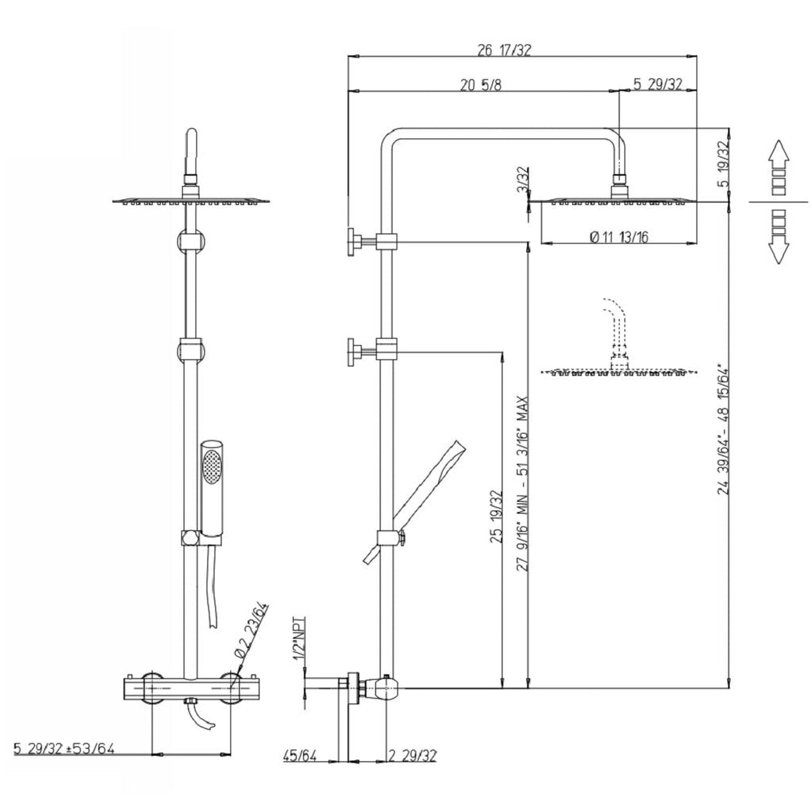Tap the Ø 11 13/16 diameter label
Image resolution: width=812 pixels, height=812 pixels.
(619, 237)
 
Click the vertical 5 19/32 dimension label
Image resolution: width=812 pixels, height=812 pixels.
(723, 164)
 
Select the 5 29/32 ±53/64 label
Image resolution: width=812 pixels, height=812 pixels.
(63, 749)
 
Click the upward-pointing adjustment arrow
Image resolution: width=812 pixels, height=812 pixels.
(778, 157)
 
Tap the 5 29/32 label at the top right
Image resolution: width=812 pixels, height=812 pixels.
(657, 85)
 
